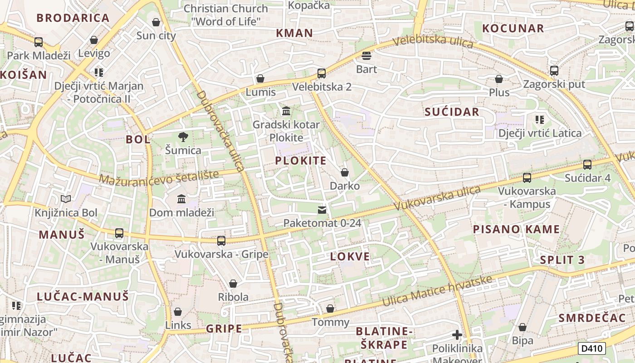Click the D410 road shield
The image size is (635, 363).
[x=592, y=348]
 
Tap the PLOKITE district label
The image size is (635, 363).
[x=301, y=161]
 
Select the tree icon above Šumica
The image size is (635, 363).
[x=183, y=137]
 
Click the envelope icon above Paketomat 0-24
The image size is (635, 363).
[x=322, y=210]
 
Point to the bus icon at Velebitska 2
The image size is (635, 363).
[x=322, y=73]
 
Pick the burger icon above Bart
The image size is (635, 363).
[x=366, y=56]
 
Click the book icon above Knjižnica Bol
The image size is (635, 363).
[x=66, y=199]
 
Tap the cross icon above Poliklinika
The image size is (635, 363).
[x=457, y=335]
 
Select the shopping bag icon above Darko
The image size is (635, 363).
[x=345, y=172]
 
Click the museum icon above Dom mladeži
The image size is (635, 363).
[x=181, y=199]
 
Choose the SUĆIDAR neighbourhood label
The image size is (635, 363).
[x=452, y=112]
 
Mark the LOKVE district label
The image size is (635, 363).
[x=350, y=256]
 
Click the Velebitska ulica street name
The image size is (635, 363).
[x=433, y=42]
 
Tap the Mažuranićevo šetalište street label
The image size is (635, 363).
[x=159, y=177]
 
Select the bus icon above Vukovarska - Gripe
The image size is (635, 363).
[x=221, y=240]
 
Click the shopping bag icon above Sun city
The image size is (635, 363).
[x=156, y=22]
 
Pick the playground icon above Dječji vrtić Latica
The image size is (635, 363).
[x=540, y=120]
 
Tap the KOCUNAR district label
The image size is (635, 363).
[x=513, y=28]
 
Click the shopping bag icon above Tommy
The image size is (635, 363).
[x=330, y=309]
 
